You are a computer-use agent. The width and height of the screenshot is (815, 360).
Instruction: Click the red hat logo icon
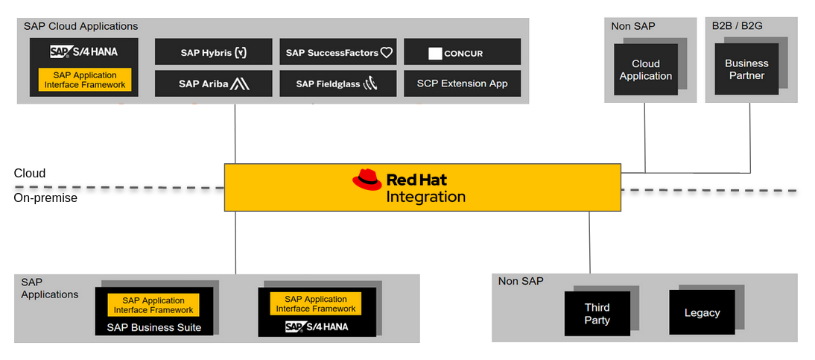click(367, 180)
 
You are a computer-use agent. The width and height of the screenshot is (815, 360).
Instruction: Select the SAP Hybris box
click(213, 52)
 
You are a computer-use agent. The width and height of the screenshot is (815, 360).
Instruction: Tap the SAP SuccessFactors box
click(338, 52)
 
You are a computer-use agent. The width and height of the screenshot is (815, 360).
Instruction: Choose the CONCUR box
click(462, 52)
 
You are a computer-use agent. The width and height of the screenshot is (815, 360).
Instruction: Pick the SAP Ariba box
click(213, 83)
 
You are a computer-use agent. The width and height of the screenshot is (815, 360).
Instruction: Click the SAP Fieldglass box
click(338, 83)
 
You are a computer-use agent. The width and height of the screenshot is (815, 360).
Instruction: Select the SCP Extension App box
click(462, 83)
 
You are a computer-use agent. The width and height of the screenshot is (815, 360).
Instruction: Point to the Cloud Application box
click(645, 70)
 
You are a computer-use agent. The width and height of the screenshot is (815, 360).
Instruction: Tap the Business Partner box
click(746, 69)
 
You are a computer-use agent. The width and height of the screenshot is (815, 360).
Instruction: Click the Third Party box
click(597, 314)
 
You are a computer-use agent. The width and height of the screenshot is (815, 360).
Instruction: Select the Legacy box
click(702, 313)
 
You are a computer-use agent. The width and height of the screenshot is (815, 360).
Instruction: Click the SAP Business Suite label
click(154, 327)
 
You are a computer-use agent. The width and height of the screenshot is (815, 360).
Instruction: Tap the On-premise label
click(45, 198)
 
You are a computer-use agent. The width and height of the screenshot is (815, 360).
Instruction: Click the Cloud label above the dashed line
click(30, 173)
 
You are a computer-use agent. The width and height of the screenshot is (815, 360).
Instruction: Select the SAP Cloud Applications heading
click(80, 26)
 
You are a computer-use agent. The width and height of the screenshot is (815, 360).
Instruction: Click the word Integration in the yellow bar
click(425, 197)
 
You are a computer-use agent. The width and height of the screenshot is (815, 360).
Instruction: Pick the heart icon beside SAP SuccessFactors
click(386, 53)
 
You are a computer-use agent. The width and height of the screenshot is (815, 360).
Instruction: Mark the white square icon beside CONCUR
click(435, 54)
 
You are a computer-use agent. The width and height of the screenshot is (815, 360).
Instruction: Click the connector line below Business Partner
click(750, 134)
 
